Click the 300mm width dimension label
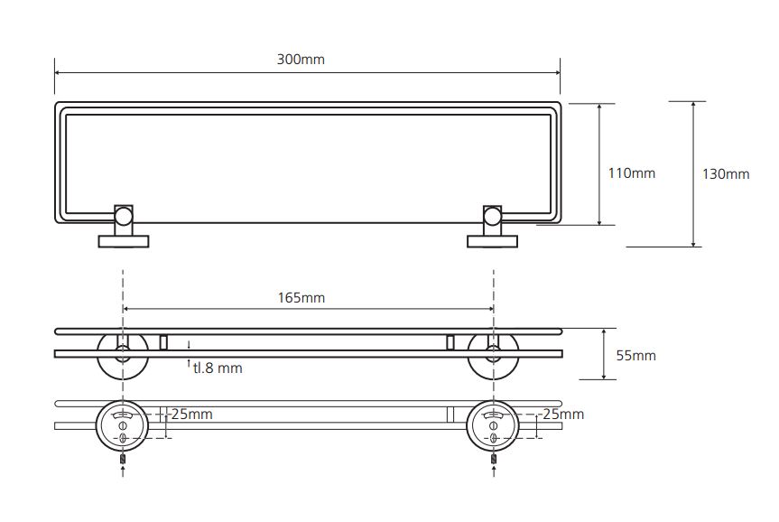[x=301, y=60]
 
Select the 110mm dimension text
[x=632, y=173]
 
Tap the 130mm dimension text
[x=726, y=174]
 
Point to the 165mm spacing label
[x=301, y=298]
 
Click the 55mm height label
[x=635, y=356]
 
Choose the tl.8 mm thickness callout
[x=218, y=368]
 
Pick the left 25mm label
[x=191, y=415]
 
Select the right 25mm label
[x=563, y=415]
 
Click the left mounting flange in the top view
[x=123, y=242]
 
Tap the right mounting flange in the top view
[x=492, y=242]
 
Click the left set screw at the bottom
[x=123, y=459]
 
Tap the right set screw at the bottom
[x=494, y=459]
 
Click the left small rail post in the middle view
[x=163, y=342]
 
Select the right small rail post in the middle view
[x=450, y=342]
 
